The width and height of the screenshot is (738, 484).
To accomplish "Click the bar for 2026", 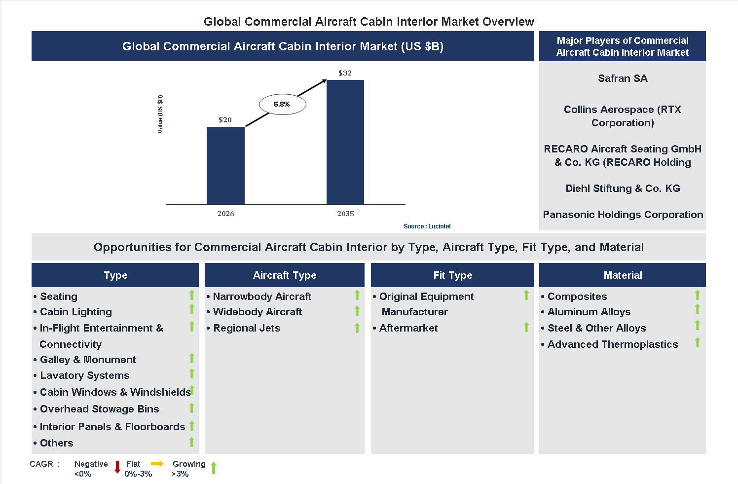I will click(x=225, y=165).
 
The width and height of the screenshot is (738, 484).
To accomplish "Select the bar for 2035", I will click(x=345, y=142).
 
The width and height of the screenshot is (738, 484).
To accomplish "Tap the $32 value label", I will click(x=345, y=73).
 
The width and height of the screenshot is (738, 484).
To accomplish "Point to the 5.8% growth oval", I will click(x=283, y=104).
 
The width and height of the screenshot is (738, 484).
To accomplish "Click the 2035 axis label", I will click(x=345, y=214).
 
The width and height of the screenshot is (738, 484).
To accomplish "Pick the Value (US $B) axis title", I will click(x=160, y=114).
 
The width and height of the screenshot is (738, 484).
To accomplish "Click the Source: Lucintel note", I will click(x=427, y=226).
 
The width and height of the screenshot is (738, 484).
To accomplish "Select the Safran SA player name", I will click(x=623, y=78).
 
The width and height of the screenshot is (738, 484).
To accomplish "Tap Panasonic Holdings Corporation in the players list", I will click(x=623, y=215).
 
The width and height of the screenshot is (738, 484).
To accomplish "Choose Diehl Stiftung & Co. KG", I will click(x=623, y=188).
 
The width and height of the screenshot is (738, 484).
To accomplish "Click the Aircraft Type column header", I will click(x=285, y=275).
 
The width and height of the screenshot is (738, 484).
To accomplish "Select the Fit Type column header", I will click(x=452, y=275).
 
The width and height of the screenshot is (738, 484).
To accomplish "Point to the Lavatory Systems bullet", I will click(x=84, y=375).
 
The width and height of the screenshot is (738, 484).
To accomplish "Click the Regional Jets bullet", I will click(x=246, y=328).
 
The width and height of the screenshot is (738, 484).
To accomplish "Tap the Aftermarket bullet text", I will click(x=408, y=328).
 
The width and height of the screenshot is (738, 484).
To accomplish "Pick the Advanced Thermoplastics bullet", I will click(x=612, y=344).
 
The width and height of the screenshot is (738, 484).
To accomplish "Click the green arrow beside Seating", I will click(x=192, y=295).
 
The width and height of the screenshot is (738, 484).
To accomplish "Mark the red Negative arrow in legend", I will click(x=117, y=467).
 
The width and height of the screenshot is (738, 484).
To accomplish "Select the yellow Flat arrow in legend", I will click(x=157, y=464).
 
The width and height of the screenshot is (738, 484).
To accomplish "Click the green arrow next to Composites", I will click(x=698, y=295).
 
